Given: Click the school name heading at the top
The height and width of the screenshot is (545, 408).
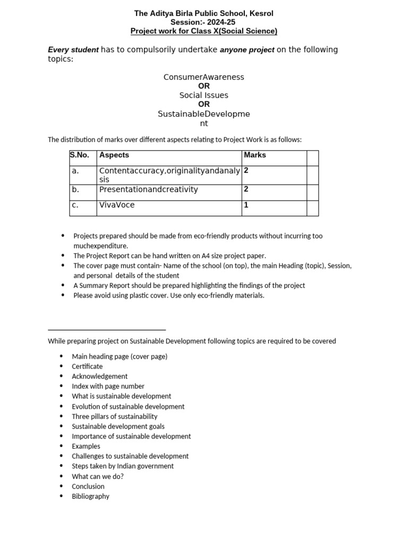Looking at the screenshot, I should click(x=204, y=13).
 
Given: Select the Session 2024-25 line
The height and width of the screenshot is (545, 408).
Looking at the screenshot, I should click(x=204, y=22).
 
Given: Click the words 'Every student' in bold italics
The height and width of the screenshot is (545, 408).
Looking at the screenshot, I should click(x=73, y=49).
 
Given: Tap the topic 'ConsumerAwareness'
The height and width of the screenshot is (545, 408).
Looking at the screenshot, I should click(x=204, y=77).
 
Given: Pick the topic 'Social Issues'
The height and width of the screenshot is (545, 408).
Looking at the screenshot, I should click(x=204, y=95).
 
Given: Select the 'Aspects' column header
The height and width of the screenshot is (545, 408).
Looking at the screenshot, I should click(x=114, y=155).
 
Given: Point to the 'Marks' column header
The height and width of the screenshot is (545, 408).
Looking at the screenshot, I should click(x=255, y=155).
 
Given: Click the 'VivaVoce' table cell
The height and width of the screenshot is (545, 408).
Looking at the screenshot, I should click(x=117, y=205).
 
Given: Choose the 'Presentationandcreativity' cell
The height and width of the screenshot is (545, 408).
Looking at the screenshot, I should click(x=148, y=189).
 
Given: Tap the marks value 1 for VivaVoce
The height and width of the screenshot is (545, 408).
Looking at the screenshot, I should click(x=246, y=205).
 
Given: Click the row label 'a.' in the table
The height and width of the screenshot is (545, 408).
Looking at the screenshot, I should click(x=75, y=171).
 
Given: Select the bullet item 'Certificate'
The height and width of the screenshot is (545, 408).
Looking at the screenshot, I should click(x=88, y=366).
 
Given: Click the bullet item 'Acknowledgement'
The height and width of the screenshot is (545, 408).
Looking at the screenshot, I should click(x=100, y=376).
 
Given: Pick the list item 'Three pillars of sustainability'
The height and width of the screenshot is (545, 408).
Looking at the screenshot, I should click(x=115, y=416).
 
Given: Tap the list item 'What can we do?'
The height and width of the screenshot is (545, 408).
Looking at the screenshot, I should click(x=98, y=476).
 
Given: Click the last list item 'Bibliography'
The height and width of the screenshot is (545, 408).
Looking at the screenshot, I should click(x=91, y=496).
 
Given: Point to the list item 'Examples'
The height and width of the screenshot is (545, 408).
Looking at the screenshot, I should click(x=86, y=446).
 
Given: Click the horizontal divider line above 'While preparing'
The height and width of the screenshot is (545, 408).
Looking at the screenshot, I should click(x=107, y=330).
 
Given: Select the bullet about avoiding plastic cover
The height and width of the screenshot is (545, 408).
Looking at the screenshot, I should click(x=168, y=295).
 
